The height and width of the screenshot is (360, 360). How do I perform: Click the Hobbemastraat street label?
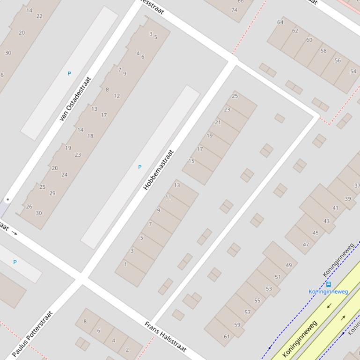pos(159,170)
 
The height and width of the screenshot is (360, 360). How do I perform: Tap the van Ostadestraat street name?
pos(75,99)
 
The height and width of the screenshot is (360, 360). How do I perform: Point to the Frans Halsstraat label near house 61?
pos(165,337)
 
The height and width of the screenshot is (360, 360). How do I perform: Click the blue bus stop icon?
pos(329,284)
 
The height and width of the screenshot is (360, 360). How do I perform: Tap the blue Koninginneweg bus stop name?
pos(328,292)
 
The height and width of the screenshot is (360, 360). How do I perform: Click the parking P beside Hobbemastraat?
pos(140,167)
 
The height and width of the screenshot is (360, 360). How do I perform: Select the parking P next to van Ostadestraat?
pos(69,73)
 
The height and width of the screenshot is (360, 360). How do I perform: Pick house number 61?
pos(227,336)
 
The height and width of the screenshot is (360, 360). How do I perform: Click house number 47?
pos(306,245)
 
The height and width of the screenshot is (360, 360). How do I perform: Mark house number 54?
pos(353,72)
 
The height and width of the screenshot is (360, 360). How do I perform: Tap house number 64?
pos(280,22)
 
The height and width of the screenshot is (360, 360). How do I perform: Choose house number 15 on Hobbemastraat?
pos(191,161)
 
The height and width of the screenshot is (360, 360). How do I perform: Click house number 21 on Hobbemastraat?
pos(218,122)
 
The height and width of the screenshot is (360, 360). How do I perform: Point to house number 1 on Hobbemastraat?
pos(125,264)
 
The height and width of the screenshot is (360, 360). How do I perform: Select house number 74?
pos(234,10)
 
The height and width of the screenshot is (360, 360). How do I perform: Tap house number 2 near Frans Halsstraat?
pos(127,350)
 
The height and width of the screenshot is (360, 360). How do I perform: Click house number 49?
pos(288,265)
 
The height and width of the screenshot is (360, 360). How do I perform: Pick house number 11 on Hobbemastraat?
pos(168,197)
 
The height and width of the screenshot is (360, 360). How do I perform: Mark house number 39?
pos(347,199)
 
